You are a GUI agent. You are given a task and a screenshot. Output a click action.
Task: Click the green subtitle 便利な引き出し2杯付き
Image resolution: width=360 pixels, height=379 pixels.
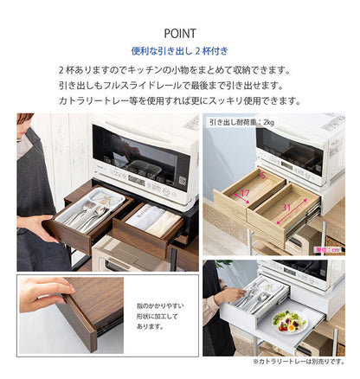179,52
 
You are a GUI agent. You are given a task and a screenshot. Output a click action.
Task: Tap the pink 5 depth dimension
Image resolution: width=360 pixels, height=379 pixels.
261,175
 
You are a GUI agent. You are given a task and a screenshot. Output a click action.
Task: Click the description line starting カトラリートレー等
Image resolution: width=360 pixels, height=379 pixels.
179,100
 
